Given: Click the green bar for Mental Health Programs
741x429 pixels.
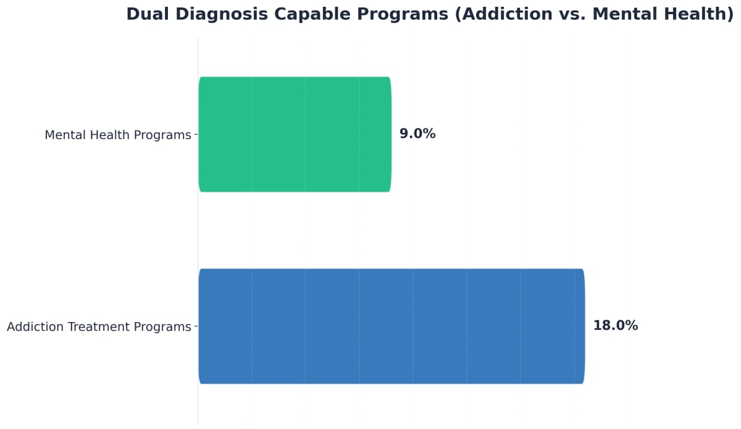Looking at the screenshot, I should click(295, 134).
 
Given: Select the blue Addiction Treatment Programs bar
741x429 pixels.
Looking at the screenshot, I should click(391, 326).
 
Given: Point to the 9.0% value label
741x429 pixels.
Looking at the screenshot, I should click(417, 134).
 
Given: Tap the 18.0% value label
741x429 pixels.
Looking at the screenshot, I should click(615, 326).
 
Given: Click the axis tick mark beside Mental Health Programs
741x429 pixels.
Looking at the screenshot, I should click(196, 134).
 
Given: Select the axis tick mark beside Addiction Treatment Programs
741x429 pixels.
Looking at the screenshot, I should click(196, 326).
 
